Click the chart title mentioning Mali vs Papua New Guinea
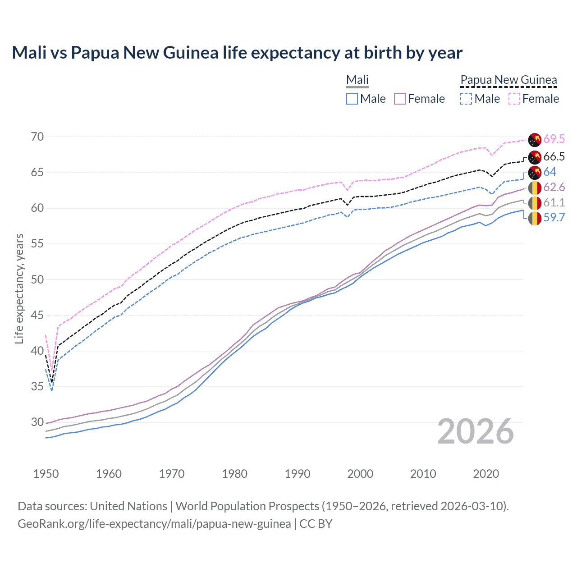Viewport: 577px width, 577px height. pos(237,53)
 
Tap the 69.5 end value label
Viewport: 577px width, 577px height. pos(554,139)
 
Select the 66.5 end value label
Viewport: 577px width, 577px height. pos(554,156)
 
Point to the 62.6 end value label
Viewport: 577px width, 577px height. pos(554,187)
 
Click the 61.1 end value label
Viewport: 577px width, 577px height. pos(554,202)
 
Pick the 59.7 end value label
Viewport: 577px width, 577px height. pos(554,217)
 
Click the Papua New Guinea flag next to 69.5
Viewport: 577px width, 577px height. pos(535,140)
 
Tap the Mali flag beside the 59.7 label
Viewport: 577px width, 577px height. pos(535,218)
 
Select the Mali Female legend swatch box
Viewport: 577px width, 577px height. pos(400,99)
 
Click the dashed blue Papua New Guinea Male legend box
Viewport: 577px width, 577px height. pos(466,99)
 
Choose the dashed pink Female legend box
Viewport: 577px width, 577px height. pos(514,99)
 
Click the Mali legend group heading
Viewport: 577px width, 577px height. pos(357,80)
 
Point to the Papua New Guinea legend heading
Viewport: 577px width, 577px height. pos(508,80)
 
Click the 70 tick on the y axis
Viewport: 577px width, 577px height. pos(37,137)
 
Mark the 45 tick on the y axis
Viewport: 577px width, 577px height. pos(37,315)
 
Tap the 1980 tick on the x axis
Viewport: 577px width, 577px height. pos(234,474)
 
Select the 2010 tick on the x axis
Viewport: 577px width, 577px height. pos(423,474)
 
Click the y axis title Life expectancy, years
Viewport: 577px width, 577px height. pos(19,288)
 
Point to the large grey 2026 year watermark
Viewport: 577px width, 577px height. pos(476,432)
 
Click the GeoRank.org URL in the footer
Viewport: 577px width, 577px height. pos(154,524)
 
